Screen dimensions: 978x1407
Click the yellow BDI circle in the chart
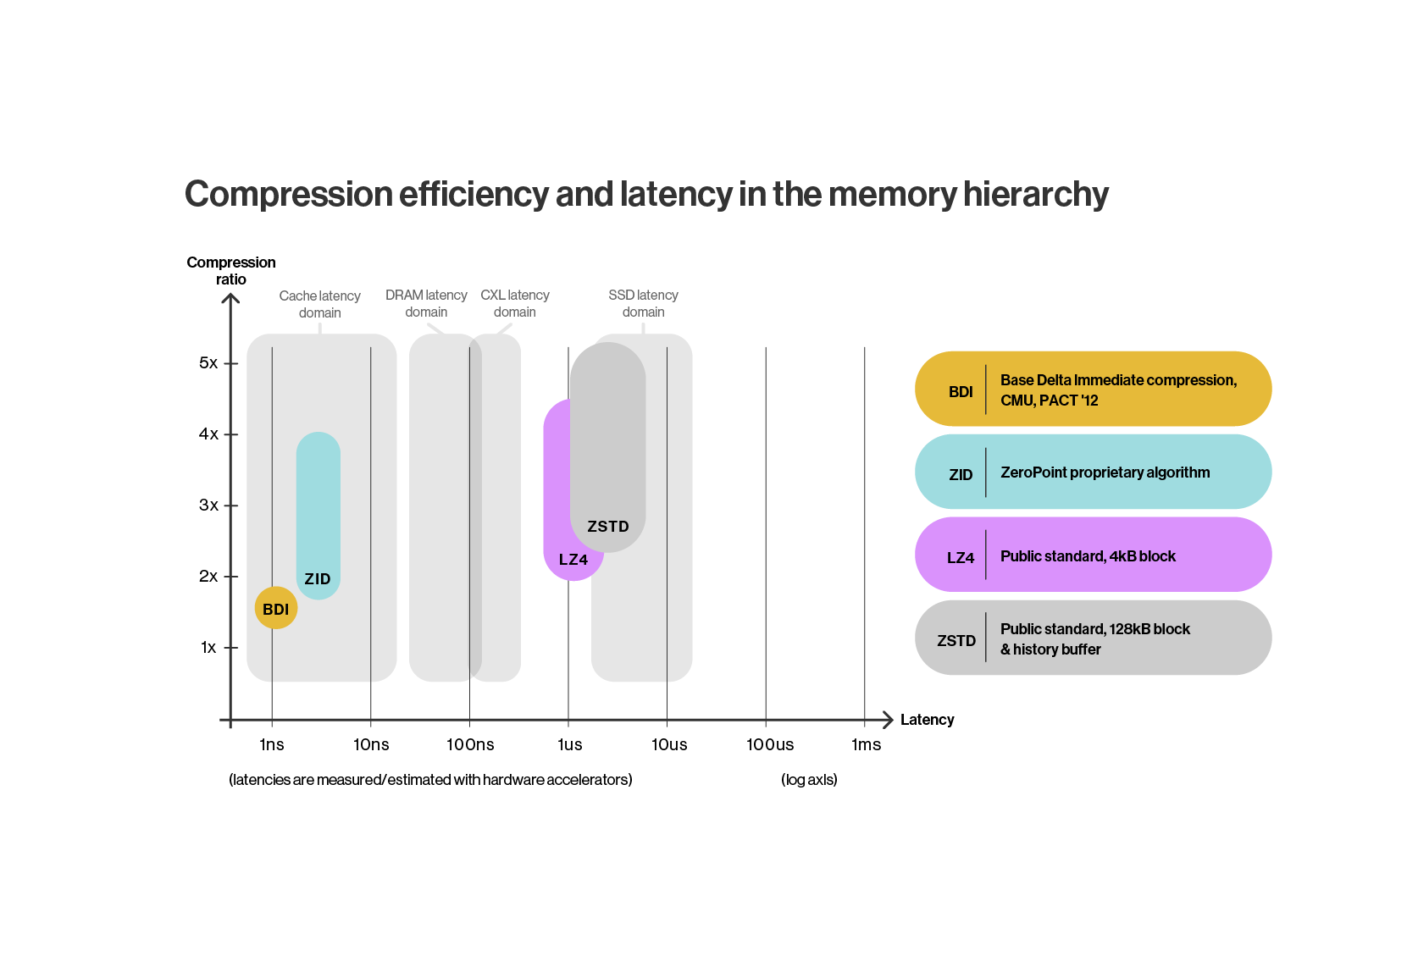pyautogui.click(x=276, y=608)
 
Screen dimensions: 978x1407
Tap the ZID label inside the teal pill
pyautogui.click(x=318, y=579)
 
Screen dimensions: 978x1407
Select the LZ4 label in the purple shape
pyautogui.click(x=573, y=560)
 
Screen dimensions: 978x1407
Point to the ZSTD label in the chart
pyautogui.click(x=608, y=527)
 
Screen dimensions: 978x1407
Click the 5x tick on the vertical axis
pyautogui.click(x=208, y=363)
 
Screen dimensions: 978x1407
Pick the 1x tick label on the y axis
pyautogui.click(x=208, y=648)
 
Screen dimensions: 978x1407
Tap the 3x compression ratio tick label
pyautogui.click(x=208, y=506)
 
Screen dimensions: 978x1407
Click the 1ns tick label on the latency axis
pyautogui.click(x=272, y=744)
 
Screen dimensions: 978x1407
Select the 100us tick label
pyautogui.click(x=770, y=744)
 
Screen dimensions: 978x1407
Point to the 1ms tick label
pyautogui.click(x=867, y=744)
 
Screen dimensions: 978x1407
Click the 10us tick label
pyautogui.click(x=669, y=744)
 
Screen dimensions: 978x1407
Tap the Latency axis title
pyautogui.click(x=927, y=720)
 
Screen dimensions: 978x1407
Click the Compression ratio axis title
pyautogui.click(x=231, y=271)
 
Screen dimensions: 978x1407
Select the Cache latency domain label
pyautogui.click(x=320, y=304)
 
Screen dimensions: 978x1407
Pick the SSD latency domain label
pyautogui.click(x=643, y=303)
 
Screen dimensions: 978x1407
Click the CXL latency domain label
pyautogui.click(x=515, y=303)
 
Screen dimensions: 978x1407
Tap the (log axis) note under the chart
pyautogui.click(x=809, y=780)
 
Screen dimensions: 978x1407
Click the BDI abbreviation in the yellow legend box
pyautogui.click(x=961, y=392)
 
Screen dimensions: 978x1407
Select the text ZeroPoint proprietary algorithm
pyautogui.click(x=1105, y=472)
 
